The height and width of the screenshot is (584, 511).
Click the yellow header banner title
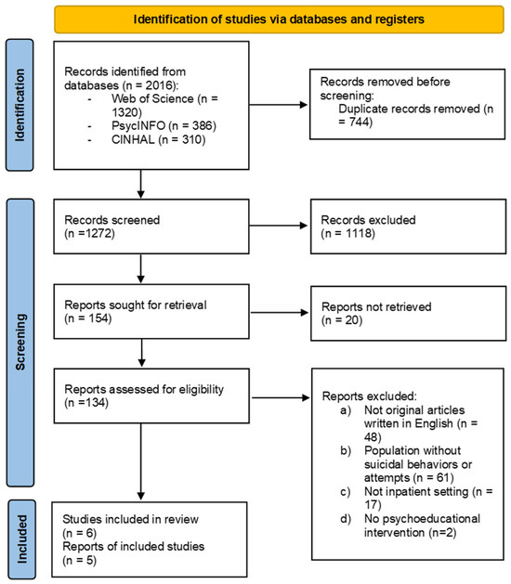click(279, 19)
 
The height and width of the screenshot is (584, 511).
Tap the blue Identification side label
click(20, 105)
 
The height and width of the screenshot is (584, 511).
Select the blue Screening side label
click(20, 343)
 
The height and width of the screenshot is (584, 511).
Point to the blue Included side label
click(21, 539)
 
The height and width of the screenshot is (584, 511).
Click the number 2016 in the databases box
click(160, 85)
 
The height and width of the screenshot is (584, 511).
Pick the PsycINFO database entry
click(164, 126)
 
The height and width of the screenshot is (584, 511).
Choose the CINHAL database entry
click(158, 139)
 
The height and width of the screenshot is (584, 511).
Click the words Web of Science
click(152, 98)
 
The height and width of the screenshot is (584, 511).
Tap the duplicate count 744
click(360, 122)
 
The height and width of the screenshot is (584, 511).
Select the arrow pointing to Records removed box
click(278, 105)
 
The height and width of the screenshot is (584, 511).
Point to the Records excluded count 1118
click(359, 234)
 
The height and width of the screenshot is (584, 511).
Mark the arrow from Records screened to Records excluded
click(278, 226)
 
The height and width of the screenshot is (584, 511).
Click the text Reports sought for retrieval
click(136, 305)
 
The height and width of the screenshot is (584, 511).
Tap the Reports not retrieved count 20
click(352, 320)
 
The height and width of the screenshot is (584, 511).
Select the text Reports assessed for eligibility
click(144, 390)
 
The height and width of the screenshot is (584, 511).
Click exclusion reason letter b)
click(346, 450)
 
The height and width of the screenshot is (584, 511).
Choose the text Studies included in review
click(130, 519)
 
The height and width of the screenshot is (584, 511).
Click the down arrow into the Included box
click(141, 461)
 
